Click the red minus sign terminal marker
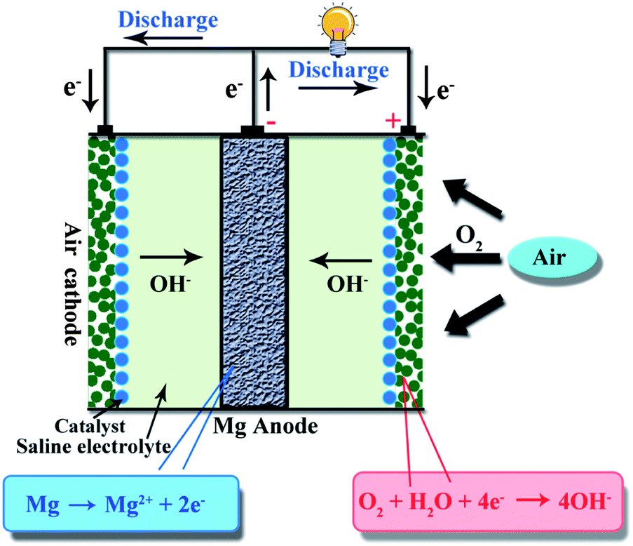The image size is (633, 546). click(x=271, y=121)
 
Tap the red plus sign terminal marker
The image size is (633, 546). click(x=393, y=121)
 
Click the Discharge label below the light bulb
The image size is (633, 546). click(x=339, y=70)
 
